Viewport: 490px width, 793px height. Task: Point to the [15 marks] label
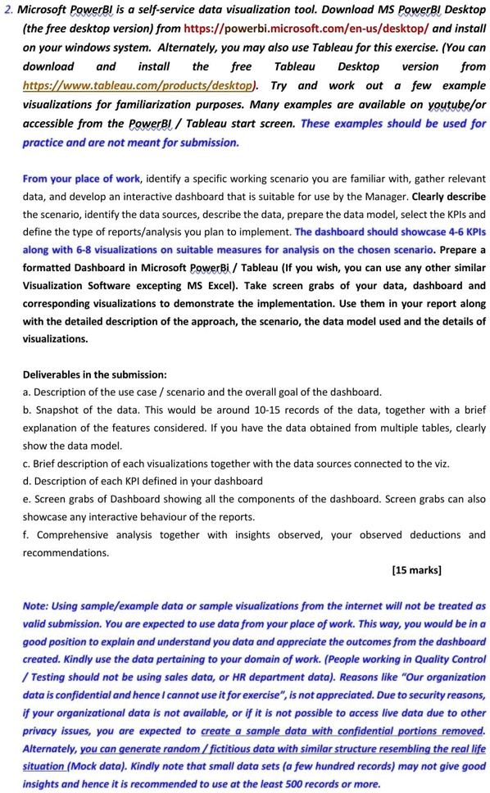point(416,569)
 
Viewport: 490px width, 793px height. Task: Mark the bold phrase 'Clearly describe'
point(449,196)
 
